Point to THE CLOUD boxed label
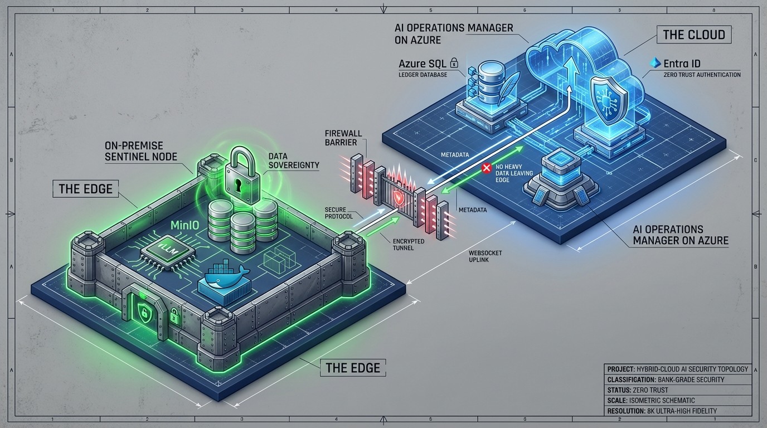click(x=693, y=35)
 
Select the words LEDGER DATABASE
click(x=423, y=75)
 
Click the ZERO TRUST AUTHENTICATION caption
click(x=702, y=75)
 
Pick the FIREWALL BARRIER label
click(x=341, y=138)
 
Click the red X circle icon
click(x=486, y=167)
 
